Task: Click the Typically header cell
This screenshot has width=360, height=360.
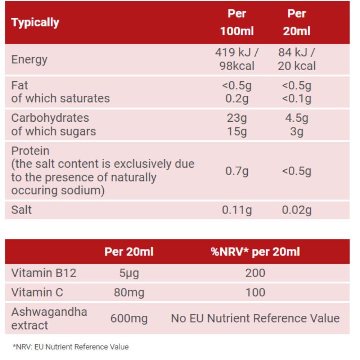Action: click(x=35, y=22)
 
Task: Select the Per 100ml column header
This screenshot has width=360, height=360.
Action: click(x=237, y=22)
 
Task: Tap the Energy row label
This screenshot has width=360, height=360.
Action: click(x=29, y=59)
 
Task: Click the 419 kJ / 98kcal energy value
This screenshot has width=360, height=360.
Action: click(x=237, y=59)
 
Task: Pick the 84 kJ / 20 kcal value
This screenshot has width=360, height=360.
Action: click(x=297, y=59)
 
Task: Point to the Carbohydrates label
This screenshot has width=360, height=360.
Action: click(x=50, y=118)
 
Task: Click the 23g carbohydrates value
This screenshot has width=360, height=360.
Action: click(x=237, y=118)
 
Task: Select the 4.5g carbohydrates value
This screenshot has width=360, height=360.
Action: click(x=297, y=118)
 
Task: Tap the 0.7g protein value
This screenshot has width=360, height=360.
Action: click(x=237, y=171)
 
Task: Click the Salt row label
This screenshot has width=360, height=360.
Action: click(x=21, y=210)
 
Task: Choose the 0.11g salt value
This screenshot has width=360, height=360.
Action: click(x=237, y=210)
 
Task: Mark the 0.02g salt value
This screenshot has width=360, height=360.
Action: click(x=297, y=210)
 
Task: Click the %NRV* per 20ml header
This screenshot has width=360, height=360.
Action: click(x=255, y=252)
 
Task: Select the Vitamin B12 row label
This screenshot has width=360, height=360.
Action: click(x=44, y=273)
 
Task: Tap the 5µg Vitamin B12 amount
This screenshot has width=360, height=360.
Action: click(x=129, y=273)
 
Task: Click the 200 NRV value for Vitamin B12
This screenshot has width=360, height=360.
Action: click(x=255, y=273)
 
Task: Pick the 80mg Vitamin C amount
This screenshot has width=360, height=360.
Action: click(x=129, y=292)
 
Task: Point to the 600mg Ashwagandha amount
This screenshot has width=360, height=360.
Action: click(x=129, y=319)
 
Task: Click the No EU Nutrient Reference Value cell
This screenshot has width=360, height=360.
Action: click(x=255, y=319)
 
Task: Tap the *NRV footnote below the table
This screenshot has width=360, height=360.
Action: click(x=71, y=347)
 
